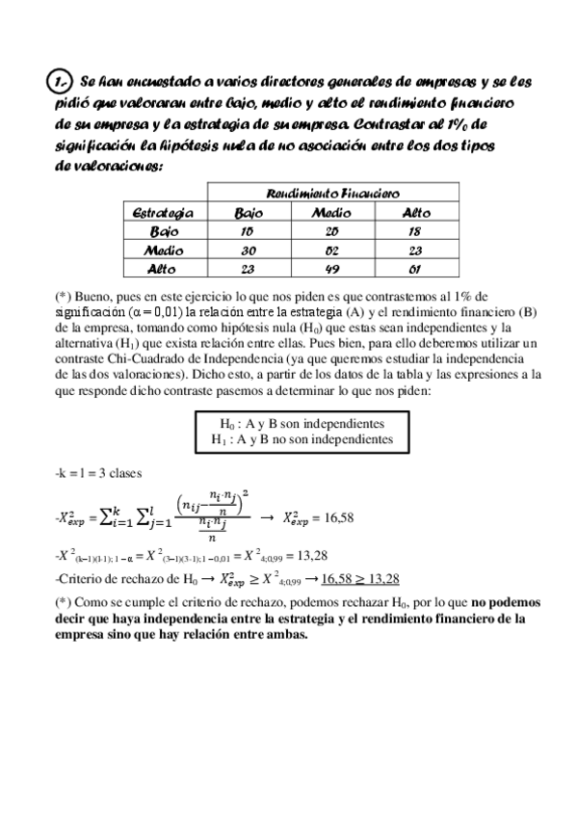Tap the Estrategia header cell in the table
161,212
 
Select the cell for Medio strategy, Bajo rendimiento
249,250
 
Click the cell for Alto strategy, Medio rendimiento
333,268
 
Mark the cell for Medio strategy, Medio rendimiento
333,250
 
